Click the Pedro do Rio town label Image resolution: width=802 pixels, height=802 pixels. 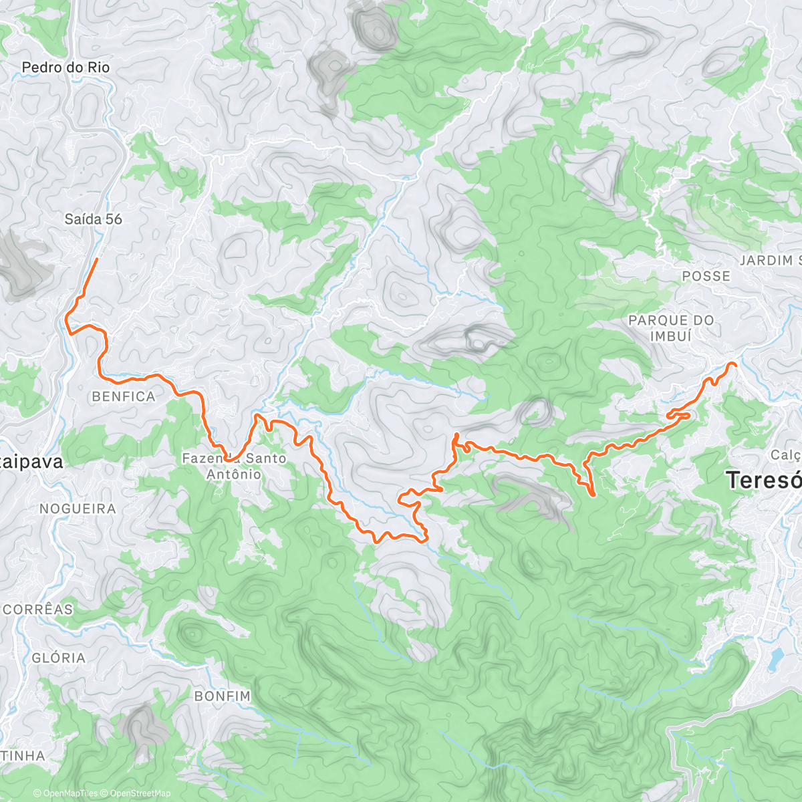[x=65, y=68]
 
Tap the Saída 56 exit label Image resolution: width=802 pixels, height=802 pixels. [x=93, y=219]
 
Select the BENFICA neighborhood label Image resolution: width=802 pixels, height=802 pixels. [x=124, y=396]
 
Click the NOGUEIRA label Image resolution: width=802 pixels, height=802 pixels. [x=78, y=509]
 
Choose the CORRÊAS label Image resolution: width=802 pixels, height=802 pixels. [x=38, y=610]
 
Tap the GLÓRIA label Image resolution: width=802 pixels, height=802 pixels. [x=59, y=658]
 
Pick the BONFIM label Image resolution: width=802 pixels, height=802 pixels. [x=223, y=696]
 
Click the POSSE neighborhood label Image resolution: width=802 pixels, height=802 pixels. [x=706, y=276]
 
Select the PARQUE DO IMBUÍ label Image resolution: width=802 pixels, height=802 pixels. [x=671, y=328]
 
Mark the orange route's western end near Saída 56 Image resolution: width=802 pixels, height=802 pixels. [x=98, y=259]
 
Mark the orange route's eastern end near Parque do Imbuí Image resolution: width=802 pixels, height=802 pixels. [x=734, y=364]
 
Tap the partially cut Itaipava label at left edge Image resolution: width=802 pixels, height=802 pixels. [x=31, y=462]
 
